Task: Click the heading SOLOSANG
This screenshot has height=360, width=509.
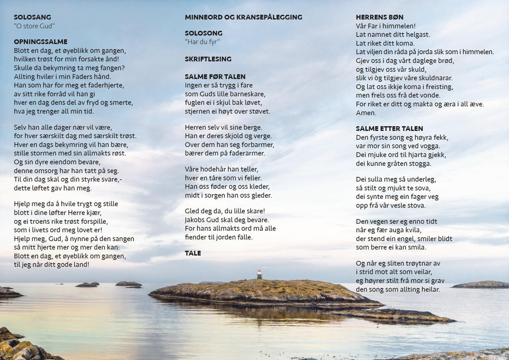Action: tap(32, 17)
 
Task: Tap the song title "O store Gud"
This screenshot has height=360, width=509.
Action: tap(34, 26)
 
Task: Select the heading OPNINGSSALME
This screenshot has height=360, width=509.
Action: tap(41, 42)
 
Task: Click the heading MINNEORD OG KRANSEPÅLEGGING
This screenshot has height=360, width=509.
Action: tap(243, 17)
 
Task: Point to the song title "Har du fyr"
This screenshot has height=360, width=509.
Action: tap(202, 42)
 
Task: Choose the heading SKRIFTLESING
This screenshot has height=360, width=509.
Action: tap(208, 59)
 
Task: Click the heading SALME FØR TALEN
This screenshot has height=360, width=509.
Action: tap(215, 77)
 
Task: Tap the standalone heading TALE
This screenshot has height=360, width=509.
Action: tap(193, 253)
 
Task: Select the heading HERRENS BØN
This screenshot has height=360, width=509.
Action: tap(380, 17)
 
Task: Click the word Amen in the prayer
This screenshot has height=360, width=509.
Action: tap(366, 113)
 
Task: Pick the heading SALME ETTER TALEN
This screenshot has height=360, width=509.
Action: tap(389, 129)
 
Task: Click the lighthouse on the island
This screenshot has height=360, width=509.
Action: tap(259, 274)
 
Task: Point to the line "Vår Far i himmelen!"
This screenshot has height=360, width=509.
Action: tap(386, 26)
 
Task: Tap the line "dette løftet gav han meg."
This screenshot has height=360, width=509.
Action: tap(53, 188)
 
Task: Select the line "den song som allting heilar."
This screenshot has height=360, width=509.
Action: tap(398, 290)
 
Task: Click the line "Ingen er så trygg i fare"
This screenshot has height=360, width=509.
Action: tap(219, 85)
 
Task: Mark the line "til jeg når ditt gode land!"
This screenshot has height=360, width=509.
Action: tap(52, 265)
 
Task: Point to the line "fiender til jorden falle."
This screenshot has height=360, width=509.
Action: tap(219, 237)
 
